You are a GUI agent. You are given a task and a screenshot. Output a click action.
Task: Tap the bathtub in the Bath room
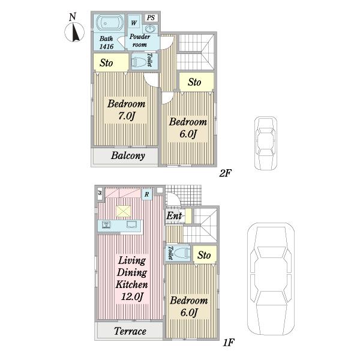point(109,23)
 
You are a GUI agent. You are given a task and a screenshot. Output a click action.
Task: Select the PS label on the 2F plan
point(151,17)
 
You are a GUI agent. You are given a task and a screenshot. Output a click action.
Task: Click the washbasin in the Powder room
point(150,29)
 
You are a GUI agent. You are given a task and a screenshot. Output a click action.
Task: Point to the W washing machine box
point(134,23)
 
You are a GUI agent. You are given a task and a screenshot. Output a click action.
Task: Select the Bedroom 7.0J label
point(126,110)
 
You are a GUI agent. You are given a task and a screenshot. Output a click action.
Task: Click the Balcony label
point(128,155)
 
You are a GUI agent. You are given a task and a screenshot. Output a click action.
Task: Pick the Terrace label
point(130,331)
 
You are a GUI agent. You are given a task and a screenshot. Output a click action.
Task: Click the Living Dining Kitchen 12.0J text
point(132,278)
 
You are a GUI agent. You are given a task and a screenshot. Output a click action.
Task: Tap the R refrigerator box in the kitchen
point(147,194)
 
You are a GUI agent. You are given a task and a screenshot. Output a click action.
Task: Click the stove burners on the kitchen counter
point(106,224)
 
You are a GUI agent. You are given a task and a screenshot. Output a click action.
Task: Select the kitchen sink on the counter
point(132,224)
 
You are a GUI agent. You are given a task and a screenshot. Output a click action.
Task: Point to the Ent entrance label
point(174,215)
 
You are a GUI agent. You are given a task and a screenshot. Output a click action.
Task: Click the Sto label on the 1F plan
point(204,255)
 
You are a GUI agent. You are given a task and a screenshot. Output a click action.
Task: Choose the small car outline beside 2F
point(266,143)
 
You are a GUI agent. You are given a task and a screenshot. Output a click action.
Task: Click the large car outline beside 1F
point(271,279)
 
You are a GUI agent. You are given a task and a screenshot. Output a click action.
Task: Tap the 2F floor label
point(226,173)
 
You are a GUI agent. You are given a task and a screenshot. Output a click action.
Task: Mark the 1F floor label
point(229,343)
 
